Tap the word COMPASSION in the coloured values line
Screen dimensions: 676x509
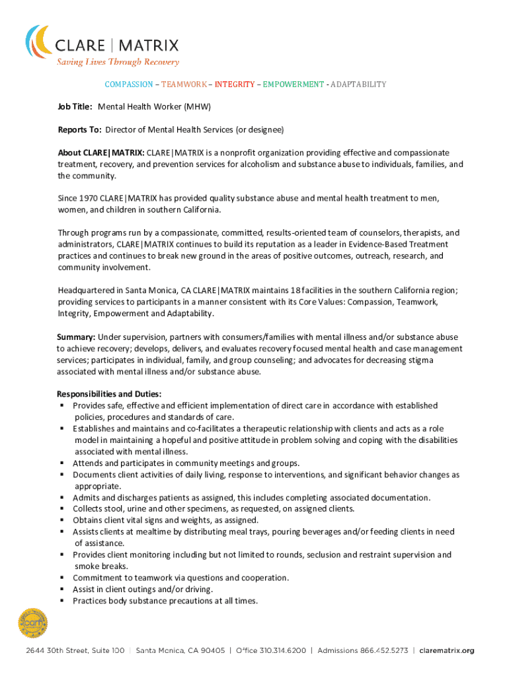point(129,84)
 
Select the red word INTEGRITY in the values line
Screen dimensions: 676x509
point(234,84)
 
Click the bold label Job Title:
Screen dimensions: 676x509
point(75,107)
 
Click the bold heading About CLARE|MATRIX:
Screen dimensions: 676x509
point(100,152)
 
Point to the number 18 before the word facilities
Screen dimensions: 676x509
point(296,290)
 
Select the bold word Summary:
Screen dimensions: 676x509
point(76,337)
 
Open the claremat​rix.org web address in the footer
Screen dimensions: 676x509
point(447,651)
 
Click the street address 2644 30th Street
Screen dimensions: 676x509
point(75,651)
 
